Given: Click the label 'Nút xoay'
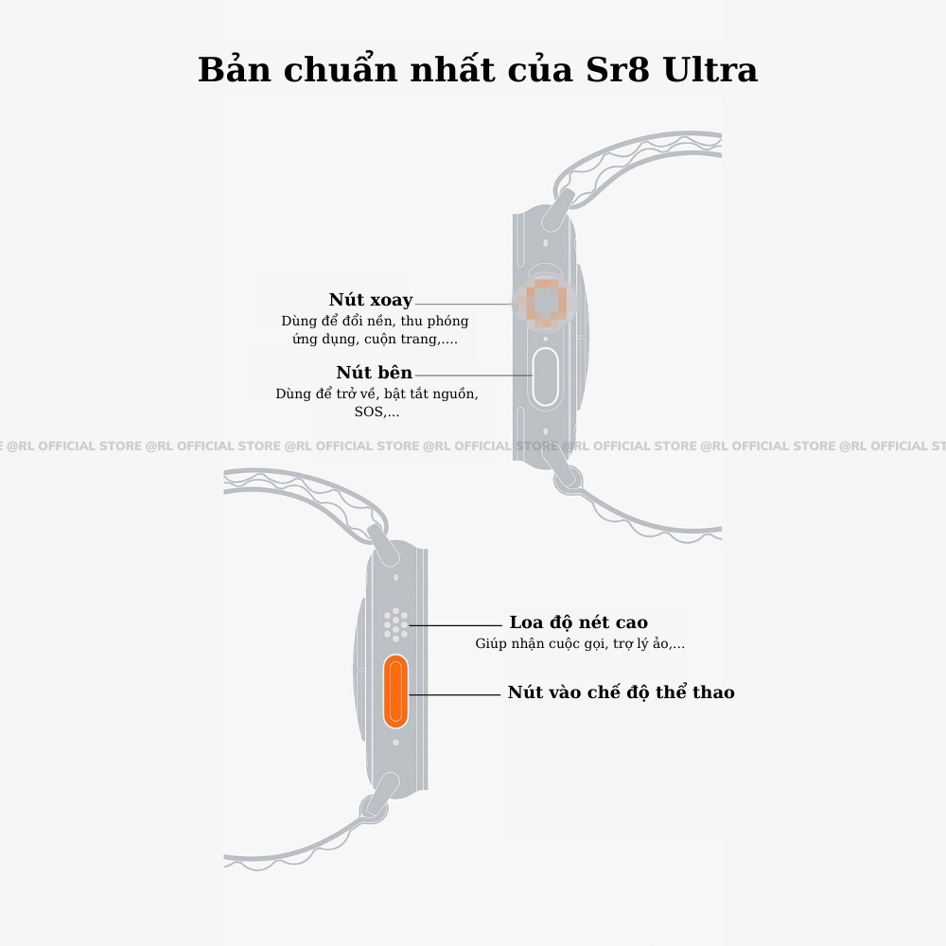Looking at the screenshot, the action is [x=371, y=300].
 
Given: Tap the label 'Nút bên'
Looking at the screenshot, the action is [x=375, y=373].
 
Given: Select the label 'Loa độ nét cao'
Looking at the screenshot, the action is [x=578, y=622].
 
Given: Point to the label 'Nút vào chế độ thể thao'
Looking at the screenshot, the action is [x=621, y=692].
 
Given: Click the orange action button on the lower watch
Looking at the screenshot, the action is [x=395, y=693].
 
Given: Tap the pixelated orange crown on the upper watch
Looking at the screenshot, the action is [x=546, y=304].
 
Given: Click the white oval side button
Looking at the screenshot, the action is [x=546, y=377].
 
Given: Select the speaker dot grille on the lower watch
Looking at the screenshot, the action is [x=395, y=624].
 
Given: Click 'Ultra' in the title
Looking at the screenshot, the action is [x=710, y=70].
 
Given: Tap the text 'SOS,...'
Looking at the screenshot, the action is [x=377, y=412].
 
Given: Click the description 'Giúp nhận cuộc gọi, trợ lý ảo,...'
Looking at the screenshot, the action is [x=580, y=644].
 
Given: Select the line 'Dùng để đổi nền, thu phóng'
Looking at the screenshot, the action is [x=375, y=321].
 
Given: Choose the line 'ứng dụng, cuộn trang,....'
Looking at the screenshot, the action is [x=375, y=339].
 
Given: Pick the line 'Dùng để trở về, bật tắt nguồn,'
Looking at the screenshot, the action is [x=377, y=394].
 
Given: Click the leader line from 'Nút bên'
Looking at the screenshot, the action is [x=473, y=376].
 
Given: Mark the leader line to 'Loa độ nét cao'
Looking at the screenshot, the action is [x=454, y=625].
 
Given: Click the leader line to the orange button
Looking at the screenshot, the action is [x=454, y=694].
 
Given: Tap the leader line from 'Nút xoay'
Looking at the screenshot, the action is [x=464, y=305].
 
